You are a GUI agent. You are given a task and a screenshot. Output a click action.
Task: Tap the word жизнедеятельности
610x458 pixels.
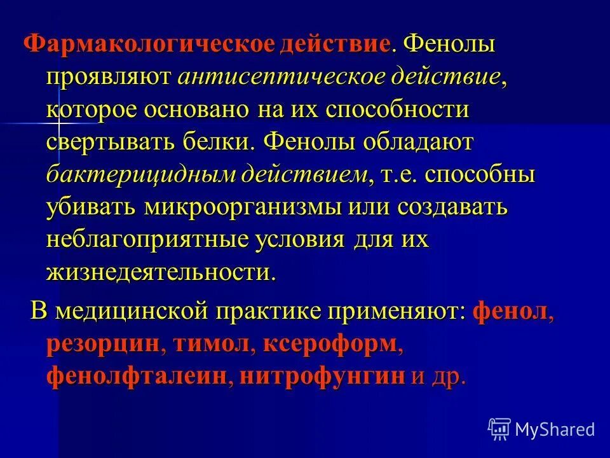pos(161,272)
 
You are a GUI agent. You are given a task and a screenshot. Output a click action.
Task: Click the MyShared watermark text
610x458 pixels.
pos(555,429)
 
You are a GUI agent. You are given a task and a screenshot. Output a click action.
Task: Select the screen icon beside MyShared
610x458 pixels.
pos(499,428)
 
